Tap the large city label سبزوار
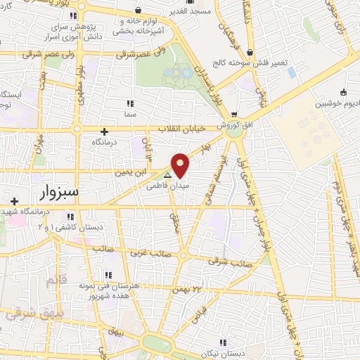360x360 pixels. coord(58,191)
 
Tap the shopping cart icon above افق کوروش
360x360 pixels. coord(233,114)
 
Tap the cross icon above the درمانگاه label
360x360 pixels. coord(105,131)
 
